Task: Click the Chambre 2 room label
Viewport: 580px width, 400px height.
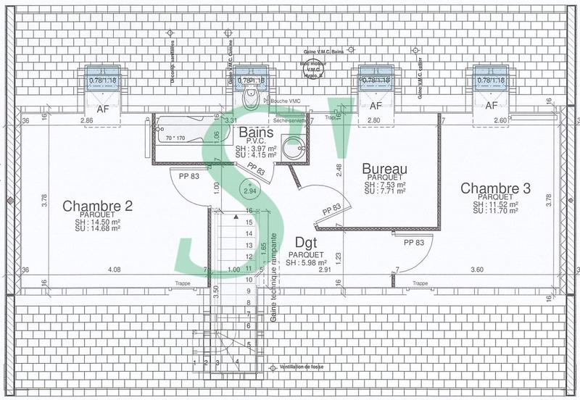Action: (96, 206)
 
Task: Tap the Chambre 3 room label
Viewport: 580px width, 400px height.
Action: (496, 188)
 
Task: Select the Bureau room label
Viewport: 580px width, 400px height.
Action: (384, 169)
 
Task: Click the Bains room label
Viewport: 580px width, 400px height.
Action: (256, 133)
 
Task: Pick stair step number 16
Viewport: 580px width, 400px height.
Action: (249, 210)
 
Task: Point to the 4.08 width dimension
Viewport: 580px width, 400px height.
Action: (114, 270)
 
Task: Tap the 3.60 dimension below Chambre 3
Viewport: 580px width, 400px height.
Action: (476, 270)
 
